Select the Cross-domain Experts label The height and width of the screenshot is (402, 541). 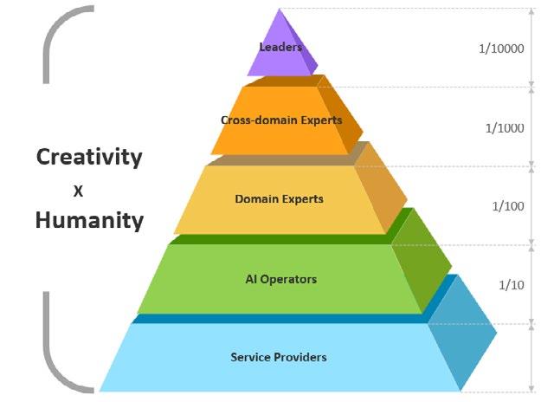pyautogui.click(x=281, y=120)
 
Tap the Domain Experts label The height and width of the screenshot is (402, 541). pyautogui.click(x=279, y=199)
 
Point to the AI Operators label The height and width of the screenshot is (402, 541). pyautogui.click(x=281, y=279)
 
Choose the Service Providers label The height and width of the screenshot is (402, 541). pyautogui.click(x=279, y=356)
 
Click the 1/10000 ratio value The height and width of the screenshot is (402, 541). pyautogui.click(x=502, y=49)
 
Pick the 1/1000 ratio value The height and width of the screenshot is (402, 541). pyautogui.click(x=505, y=127)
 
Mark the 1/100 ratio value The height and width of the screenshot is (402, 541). pyautogui.click(x=507, y=206)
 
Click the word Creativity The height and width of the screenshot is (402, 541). pyautogui.click(x=88, y=157)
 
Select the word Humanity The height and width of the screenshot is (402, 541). pyautogui.click(x=88, y=220)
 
